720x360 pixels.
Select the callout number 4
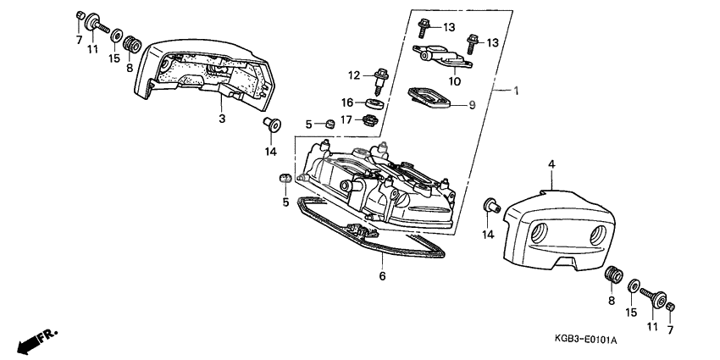coord(550,163)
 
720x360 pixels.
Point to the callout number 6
coord(382,276)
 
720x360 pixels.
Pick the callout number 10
coord(454,81)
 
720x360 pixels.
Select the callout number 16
coord(348,102)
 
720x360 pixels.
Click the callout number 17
coord(348,119)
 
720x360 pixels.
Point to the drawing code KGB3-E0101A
coord(585,339)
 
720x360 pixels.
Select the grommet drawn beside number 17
coord(369,119)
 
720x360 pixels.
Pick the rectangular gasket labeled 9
coord(429,97)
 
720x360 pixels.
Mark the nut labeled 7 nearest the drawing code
coord(672,306)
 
